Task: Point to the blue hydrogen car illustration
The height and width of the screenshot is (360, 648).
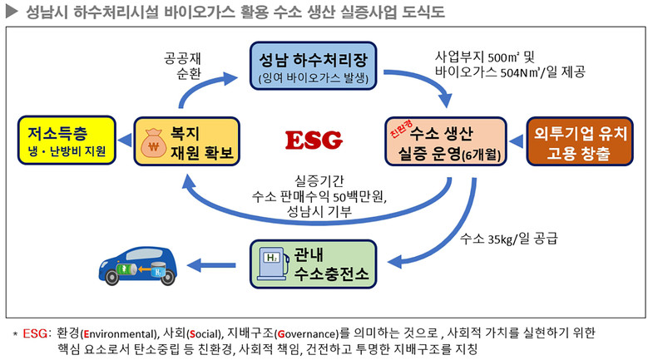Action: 137,264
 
